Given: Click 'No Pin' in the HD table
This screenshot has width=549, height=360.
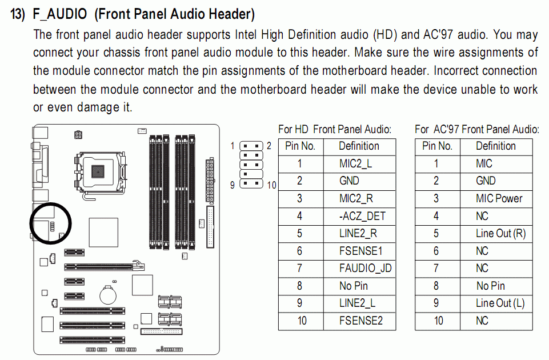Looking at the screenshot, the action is point(354,286).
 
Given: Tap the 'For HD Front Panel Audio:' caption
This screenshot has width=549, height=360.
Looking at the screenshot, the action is point(335,130).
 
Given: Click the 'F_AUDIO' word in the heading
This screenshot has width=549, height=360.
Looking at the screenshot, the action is point(60,14).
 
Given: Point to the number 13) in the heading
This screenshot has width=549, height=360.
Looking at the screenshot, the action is point(18,14).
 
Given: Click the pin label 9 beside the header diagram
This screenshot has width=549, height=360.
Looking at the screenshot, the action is point(232,185).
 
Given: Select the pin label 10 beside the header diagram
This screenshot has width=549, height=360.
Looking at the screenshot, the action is point(272,185).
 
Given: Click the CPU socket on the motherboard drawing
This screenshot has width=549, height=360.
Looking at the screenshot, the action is point(100,171).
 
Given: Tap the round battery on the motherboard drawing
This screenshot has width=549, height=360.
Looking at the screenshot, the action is point(108,295).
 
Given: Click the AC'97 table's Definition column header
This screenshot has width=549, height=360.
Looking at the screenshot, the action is point(496,146).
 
